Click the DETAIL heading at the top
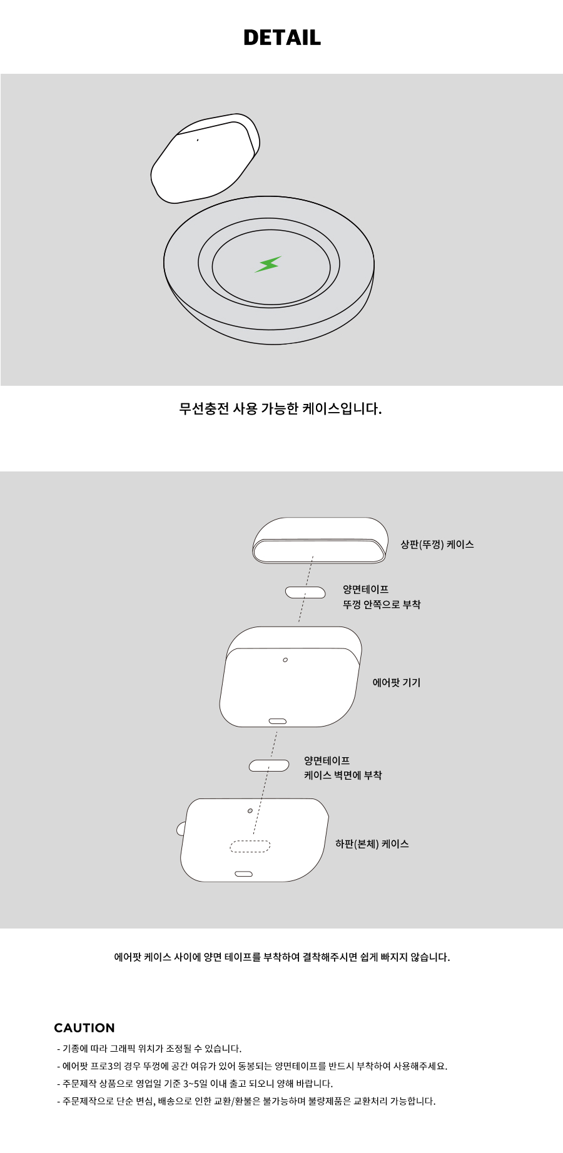point(281,38)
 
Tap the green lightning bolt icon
point(268,264)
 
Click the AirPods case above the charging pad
point(205,159)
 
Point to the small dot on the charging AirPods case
point(198,140)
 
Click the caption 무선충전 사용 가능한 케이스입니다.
point(280,409)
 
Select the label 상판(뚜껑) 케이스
point(437,545)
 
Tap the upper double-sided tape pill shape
point(305,592)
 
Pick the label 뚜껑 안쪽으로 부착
point(382,605)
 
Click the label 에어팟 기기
point(397,683)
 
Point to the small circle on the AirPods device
point(285,660)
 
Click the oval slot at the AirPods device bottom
point(278,721)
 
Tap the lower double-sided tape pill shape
point(269,765)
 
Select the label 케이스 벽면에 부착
point(343,775)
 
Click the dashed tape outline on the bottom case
point(250,846)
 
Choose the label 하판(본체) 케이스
point(372,844)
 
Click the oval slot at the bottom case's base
point(243,874)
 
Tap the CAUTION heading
point(84,1028)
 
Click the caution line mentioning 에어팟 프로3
point(252,1066)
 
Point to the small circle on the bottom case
point(250,810)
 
